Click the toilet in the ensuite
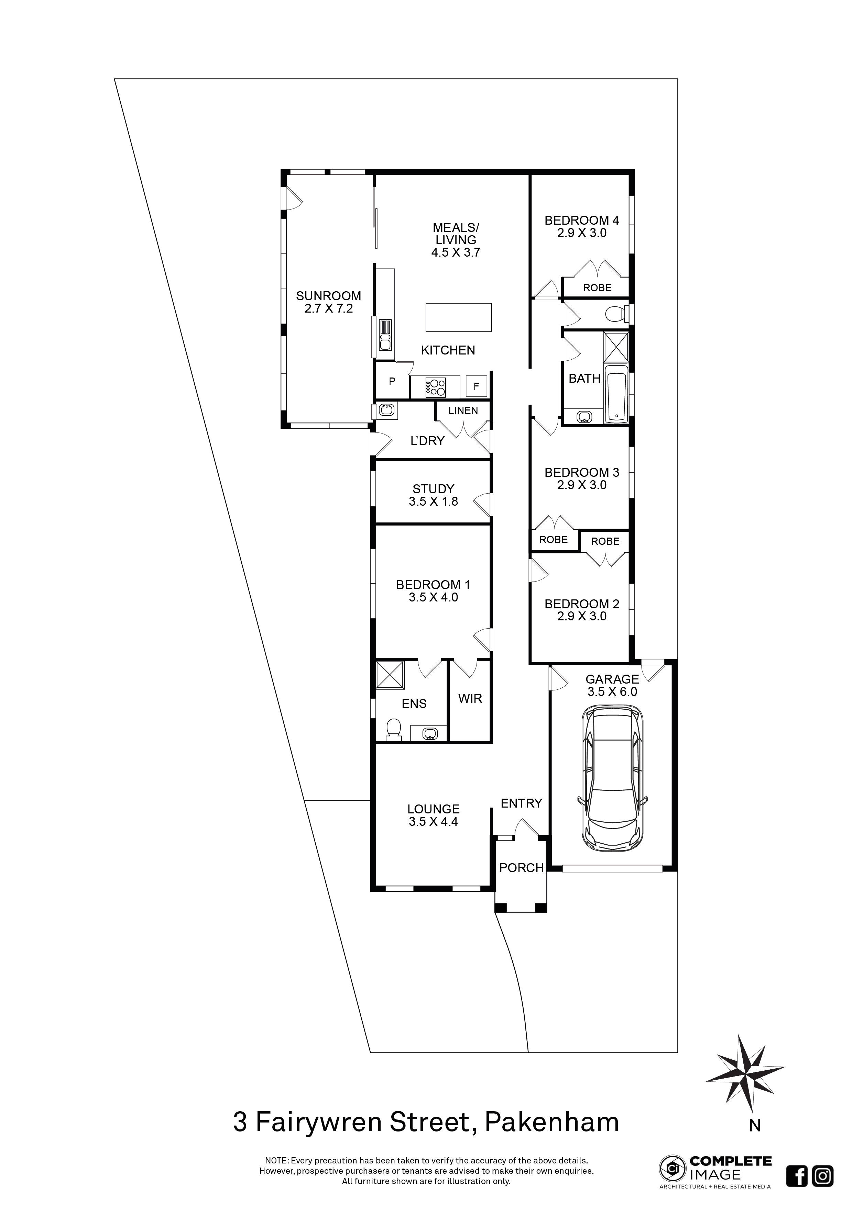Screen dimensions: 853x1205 point(393,730)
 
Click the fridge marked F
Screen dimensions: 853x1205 point(477,386)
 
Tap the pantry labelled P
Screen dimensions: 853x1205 point(392,382)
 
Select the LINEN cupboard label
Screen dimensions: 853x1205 point(463,410)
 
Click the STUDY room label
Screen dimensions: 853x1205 point(433,489)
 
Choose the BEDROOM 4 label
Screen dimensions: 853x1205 point(582,221)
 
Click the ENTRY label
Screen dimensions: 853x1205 point(522,803)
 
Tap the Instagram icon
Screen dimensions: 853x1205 point(822,1176)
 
